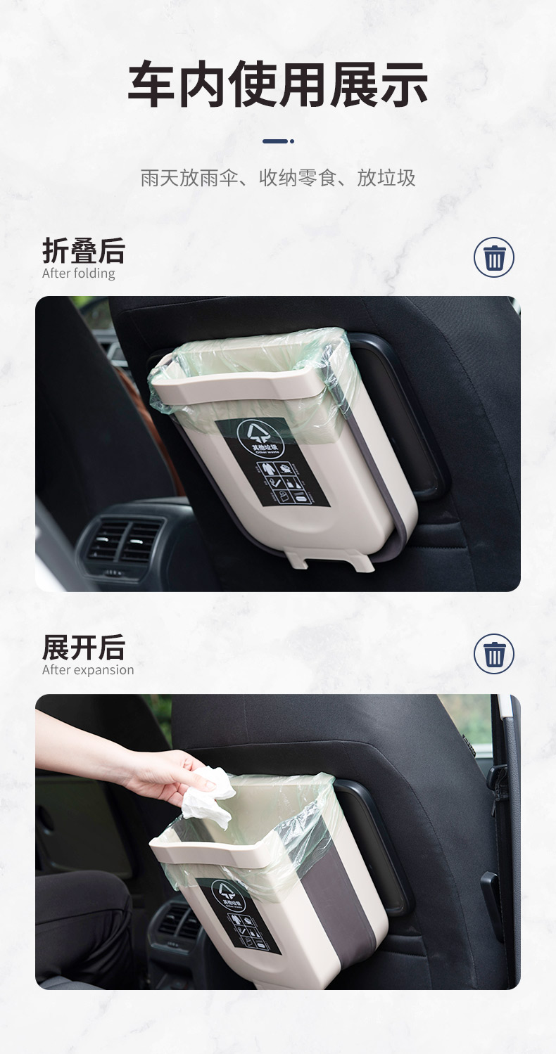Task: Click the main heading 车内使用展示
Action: click(x=277, y=84)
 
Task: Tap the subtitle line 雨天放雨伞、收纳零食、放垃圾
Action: click(x=277, y=178)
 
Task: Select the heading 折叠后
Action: click(x=83, y=250)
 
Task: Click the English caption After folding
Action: click(x=78, y=274)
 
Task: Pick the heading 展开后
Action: click(x=83, y=647)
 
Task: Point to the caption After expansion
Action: click(x=87, y=670)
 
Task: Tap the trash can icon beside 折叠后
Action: click(x=494, y=257)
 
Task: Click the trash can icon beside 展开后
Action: click(x=494, y=654)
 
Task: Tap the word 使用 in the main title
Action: click(x=277, y=84)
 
